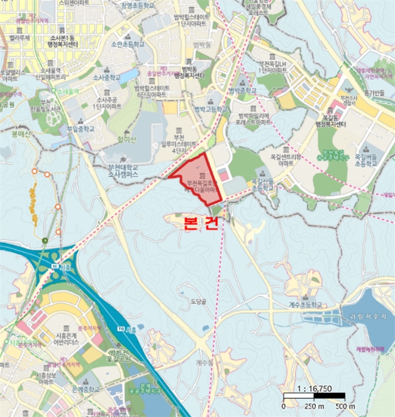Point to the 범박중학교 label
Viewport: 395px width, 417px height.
point(243,91)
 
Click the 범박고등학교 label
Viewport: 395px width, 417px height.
point(211,109)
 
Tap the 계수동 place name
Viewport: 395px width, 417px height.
point(203,362)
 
